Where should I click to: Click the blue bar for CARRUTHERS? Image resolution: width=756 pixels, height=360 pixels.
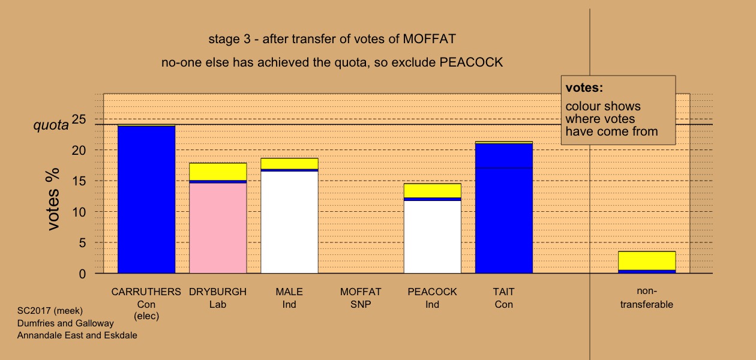146,199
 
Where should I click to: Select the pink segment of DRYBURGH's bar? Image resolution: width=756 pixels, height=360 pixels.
218,228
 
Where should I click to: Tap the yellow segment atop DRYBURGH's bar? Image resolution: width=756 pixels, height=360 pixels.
218,172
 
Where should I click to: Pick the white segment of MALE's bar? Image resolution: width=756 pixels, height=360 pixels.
290,223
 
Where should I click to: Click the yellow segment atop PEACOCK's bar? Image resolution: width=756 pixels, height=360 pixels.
433,191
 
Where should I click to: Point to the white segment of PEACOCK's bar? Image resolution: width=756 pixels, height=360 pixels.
433,237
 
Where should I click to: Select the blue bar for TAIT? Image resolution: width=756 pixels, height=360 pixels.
504,209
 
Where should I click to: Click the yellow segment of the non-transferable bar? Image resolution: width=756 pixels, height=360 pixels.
647,261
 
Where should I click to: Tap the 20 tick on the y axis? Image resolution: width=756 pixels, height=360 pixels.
79,151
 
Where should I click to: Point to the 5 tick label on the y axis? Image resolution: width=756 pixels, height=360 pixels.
82,243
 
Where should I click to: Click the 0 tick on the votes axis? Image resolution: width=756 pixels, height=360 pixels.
82,274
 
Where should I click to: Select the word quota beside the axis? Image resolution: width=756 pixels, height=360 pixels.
51,125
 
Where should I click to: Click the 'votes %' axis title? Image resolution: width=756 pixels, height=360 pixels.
53,199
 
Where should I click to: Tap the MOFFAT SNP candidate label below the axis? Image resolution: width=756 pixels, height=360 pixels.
361,298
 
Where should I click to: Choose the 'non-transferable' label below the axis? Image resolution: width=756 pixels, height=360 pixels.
647,298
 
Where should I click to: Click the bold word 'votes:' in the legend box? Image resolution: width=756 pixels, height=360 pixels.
584,88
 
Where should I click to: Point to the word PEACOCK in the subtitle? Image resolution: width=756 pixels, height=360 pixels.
471,62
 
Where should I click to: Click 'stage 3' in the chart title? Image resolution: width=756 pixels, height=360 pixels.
229,39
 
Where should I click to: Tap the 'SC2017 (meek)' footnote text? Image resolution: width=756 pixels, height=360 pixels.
50,311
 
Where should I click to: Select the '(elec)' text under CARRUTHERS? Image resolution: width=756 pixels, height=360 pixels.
146,316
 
